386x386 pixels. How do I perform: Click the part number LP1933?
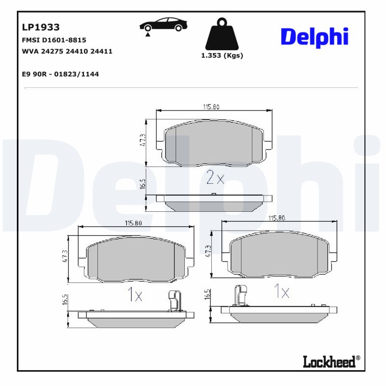pos(41,28)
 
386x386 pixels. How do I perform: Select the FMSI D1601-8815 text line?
pos(54,40)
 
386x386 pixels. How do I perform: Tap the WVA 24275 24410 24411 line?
pos(67,51)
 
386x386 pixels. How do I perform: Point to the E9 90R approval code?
pos(60,74)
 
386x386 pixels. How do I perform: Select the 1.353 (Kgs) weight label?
pos(222,55)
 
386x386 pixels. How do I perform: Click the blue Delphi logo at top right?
pos(314,37)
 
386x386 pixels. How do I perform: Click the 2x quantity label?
pos(215,178)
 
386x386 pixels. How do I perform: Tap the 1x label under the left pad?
pos(135,294)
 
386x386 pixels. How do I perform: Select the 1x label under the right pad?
pos(281,291)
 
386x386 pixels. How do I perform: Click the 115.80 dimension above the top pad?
pos(214,107)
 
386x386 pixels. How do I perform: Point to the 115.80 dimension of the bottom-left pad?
pos(133,223)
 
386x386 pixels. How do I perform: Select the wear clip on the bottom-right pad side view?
pos(240,295)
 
